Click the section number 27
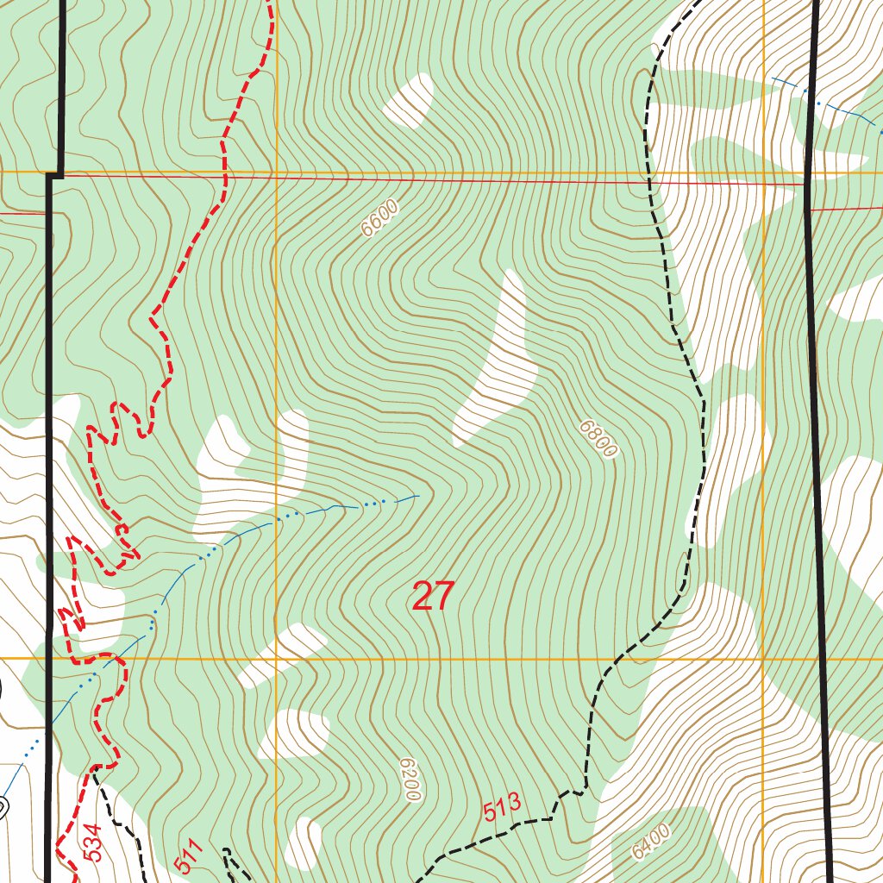(x=432, y=596)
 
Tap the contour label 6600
(x=379, y=217)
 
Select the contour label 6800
(x=598, y=439)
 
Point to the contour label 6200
(x=410, y=780)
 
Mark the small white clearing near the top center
(x=409, y=100)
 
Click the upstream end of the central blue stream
(x=417, y=496)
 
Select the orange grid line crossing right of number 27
(x=764, y=659)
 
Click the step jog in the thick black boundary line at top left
(x=54, y=174)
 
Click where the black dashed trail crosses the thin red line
(x=651, y=183)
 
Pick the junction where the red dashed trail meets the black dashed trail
(x=96, y=766)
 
